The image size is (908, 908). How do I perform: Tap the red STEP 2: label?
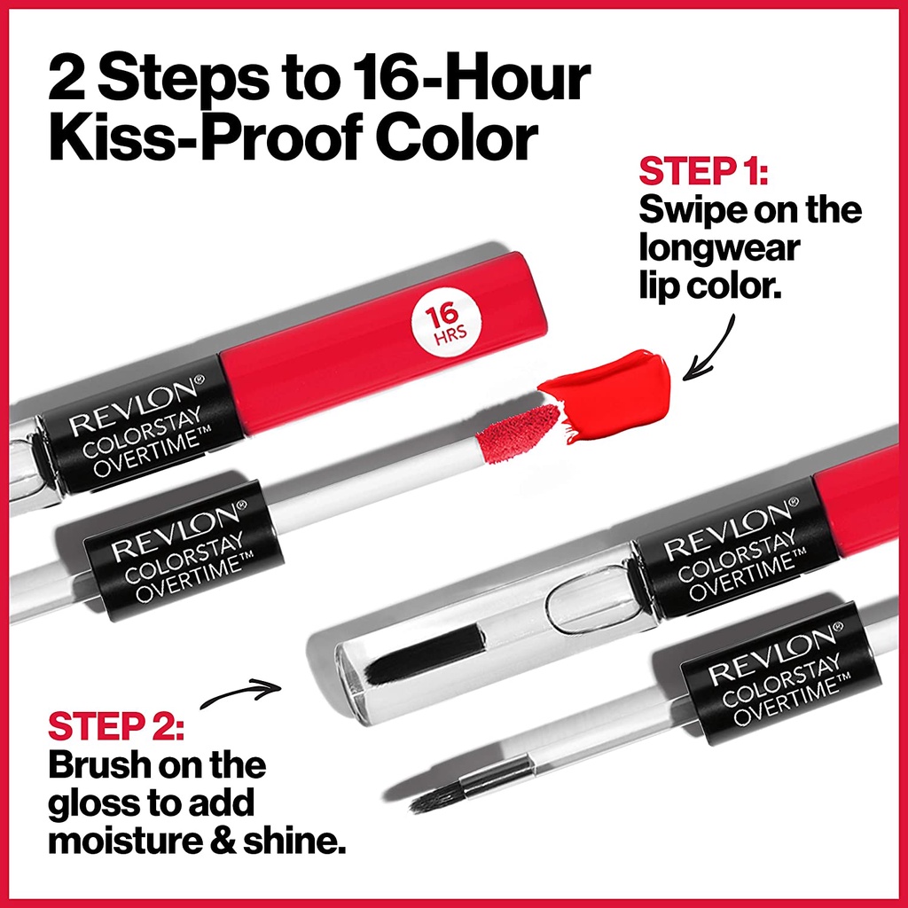coord(116,726)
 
